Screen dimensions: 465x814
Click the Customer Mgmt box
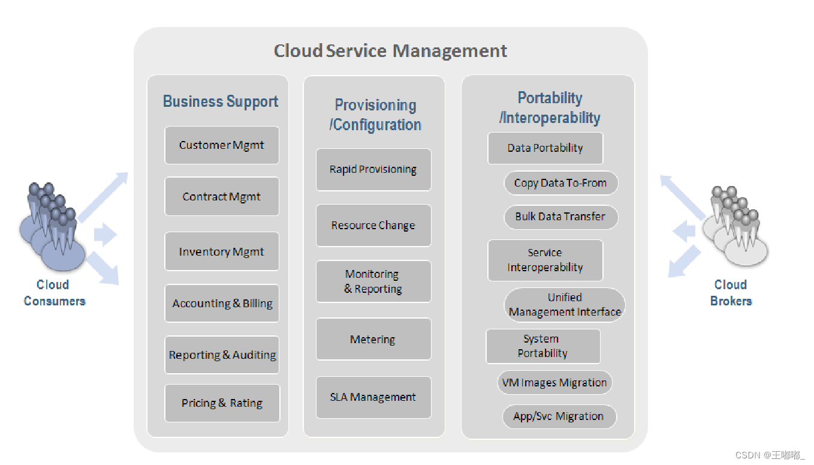[222, 145]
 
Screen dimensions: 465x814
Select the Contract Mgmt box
[222, 197]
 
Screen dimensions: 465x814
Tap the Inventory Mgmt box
[222, 252]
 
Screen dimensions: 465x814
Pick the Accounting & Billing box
[222, 304]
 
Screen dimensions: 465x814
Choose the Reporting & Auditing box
[222, 355]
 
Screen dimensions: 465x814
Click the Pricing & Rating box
[222, 403]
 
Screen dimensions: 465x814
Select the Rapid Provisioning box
[373, 170]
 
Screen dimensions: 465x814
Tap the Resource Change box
[373, 226]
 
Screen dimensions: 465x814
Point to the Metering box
[373, 340]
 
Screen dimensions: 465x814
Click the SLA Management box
[373, 397]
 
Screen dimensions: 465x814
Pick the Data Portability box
[545, 148]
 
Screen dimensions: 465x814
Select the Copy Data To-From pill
[560, 184]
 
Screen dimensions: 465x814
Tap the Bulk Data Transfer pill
[560, 217]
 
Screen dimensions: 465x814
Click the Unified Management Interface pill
[565, 305]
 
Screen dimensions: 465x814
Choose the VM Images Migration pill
[554, 383]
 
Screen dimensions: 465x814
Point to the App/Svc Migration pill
[559, 416]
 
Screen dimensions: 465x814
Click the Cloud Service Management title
[390, 51]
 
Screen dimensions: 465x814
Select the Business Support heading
[221, 101]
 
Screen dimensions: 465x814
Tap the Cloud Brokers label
[731, 293]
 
